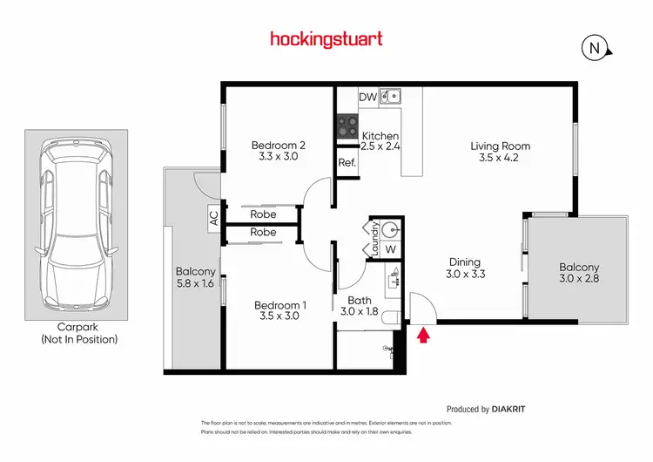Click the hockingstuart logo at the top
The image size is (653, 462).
coord(326,39)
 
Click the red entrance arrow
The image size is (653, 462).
coord(424,335)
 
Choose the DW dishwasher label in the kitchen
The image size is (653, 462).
coord(367,97)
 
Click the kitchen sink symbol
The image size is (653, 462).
coord(392,96)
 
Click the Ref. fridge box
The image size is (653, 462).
coord(347,163)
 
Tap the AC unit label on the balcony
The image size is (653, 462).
coord(214,218)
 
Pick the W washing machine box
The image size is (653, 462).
coord(391,249)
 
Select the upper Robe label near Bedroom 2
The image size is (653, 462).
coord(263,214)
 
